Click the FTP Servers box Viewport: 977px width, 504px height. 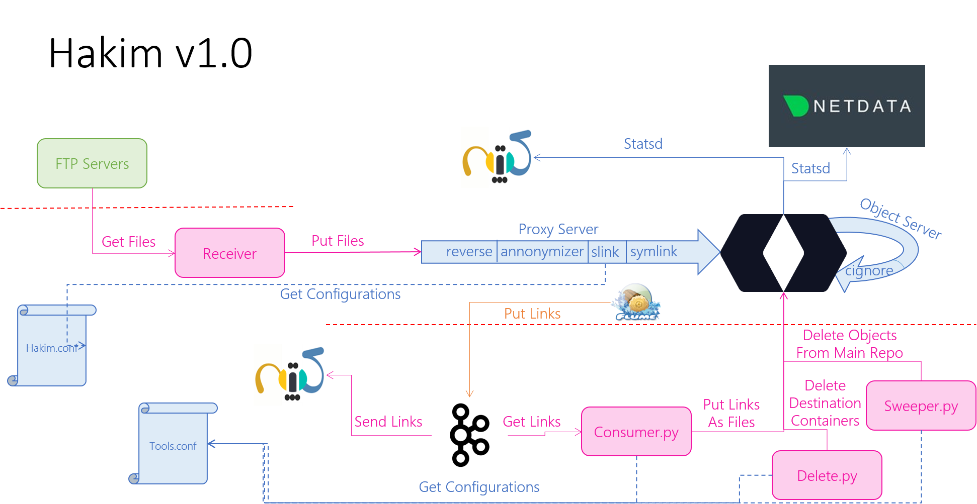click(92, 163)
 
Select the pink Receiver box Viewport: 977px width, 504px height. click(230, 253)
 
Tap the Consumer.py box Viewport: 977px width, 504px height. click(636, 432)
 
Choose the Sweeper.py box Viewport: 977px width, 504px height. click(921, 406)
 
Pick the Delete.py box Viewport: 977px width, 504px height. click(827, 475)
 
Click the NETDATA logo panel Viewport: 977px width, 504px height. click(847, 106)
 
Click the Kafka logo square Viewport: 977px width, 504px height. click(469, 435)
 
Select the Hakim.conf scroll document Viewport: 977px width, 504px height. click(52, 347)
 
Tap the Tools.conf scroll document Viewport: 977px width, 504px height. click(173, 445)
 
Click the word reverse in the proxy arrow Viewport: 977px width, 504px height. click(469, 251)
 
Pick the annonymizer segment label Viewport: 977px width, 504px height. click(542, 251)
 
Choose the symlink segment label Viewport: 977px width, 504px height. click(654, 251)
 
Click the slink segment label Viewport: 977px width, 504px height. click(605, 252)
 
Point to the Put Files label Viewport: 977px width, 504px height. click(338, 241)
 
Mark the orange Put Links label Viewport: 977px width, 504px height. click(532, 314)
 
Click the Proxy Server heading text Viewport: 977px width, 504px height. click(558, 229)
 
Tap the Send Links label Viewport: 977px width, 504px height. click(388, 422)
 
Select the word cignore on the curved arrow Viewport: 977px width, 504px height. click(869, 271)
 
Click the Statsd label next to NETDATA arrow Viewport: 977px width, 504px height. click(810, 168)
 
